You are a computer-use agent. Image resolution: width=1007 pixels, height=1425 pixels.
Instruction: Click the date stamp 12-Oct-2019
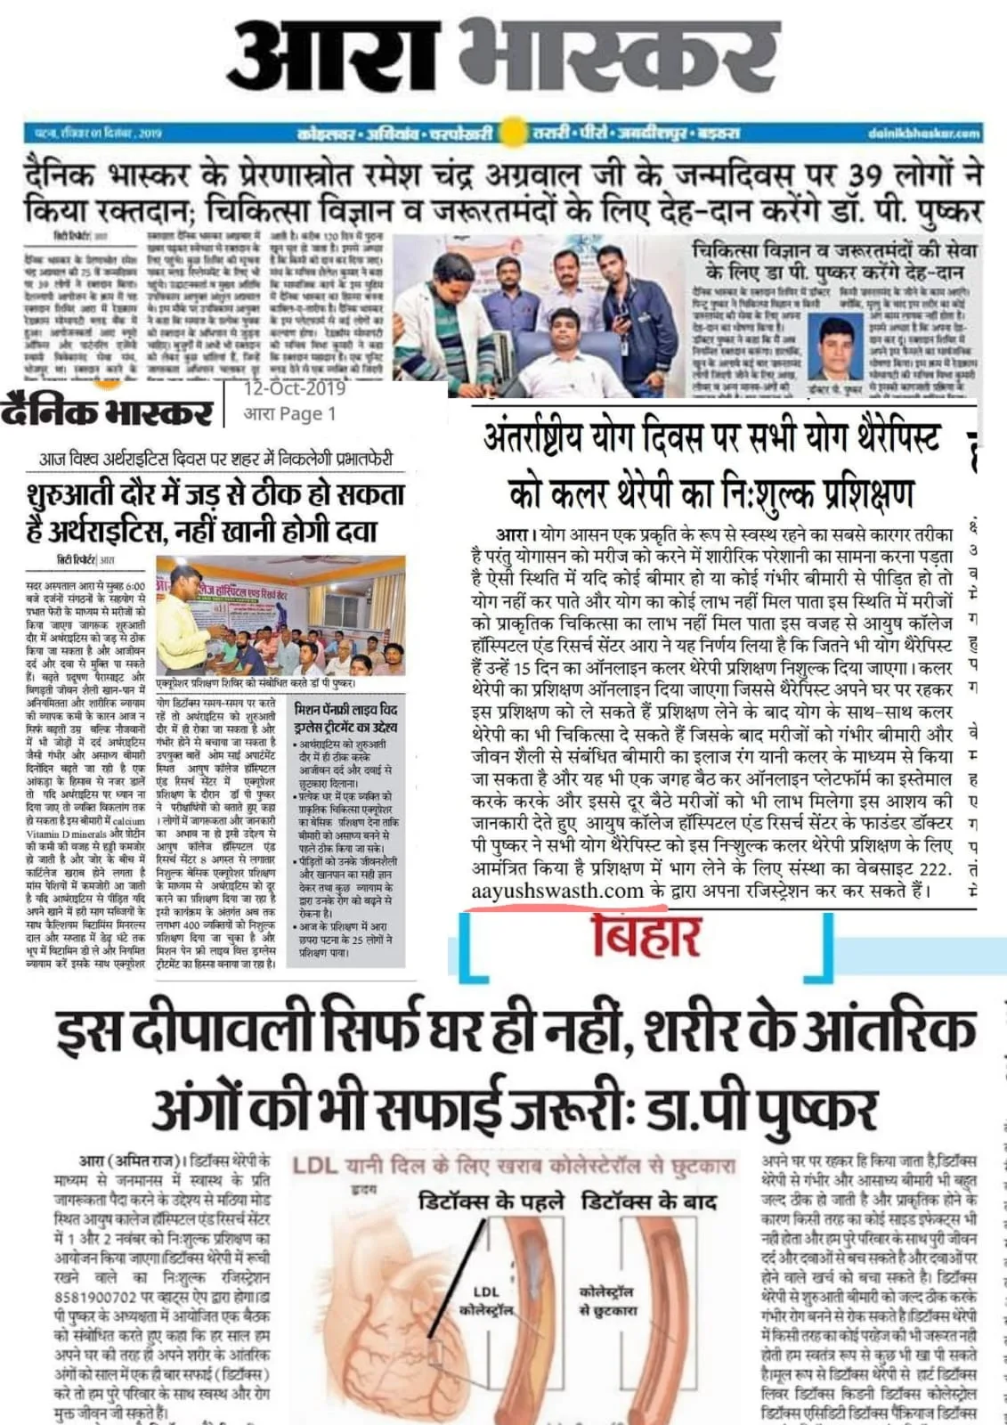pyautogui.click(x=294, y=388)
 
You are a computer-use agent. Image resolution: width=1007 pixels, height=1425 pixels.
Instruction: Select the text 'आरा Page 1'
pyautogui.click(x=290, y=413)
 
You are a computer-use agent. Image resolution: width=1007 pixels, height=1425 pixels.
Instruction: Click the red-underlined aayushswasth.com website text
pyautogui.click(x=557, y=892)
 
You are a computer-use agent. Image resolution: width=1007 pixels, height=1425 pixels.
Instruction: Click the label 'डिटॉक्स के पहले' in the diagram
pyautogui.click(x=491, y=1201)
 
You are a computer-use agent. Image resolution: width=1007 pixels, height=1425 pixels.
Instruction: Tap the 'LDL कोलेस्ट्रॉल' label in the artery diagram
pyautogui.click(x=486, y=1301)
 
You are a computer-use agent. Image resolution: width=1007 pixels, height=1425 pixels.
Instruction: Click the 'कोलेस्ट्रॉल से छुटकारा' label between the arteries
pyautogui.click(x=608, y=1301)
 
